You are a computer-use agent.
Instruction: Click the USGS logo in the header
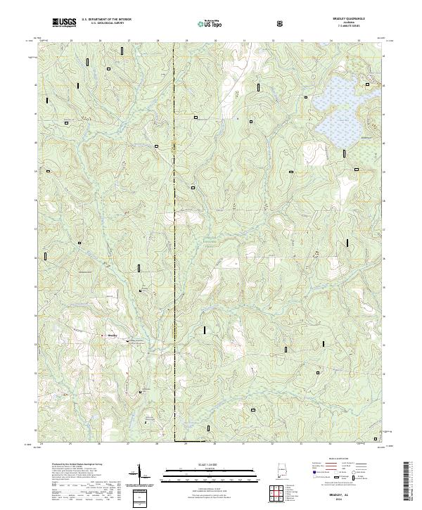point(64,23)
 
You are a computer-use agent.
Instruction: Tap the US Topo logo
point(209,23)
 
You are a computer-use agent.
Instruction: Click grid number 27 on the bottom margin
point(129,445)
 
